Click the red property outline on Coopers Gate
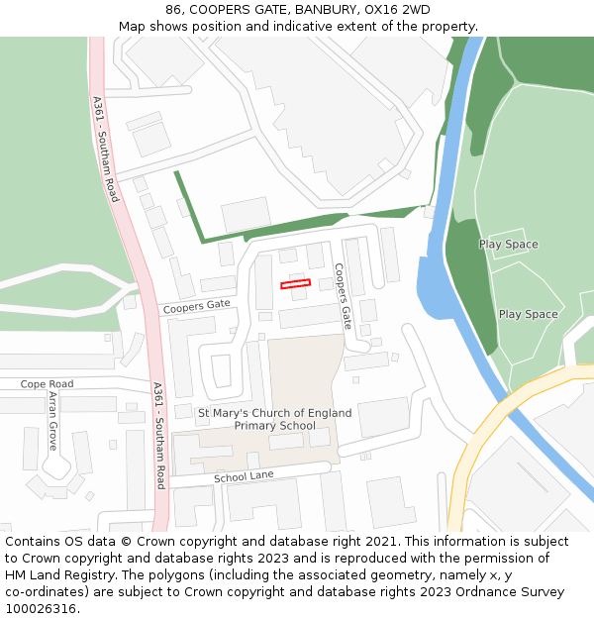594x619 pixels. [295, 284]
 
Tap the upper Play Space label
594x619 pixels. [508, 245]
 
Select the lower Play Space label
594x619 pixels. [528, 315]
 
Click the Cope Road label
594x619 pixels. [48, 383]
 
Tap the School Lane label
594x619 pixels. [243, 477]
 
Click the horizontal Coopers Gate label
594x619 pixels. [197, 306]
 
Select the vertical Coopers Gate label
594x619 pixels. [343, 295]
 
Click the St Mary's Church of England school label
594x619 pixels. [274, 419]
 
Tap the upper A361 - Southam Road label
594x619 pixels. [106, 149]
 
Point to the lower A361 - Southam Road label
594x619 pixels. [158, 436]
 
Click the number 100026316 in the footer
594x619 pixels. [41, 609]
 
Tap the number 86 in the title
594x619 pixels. [174, 10]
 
